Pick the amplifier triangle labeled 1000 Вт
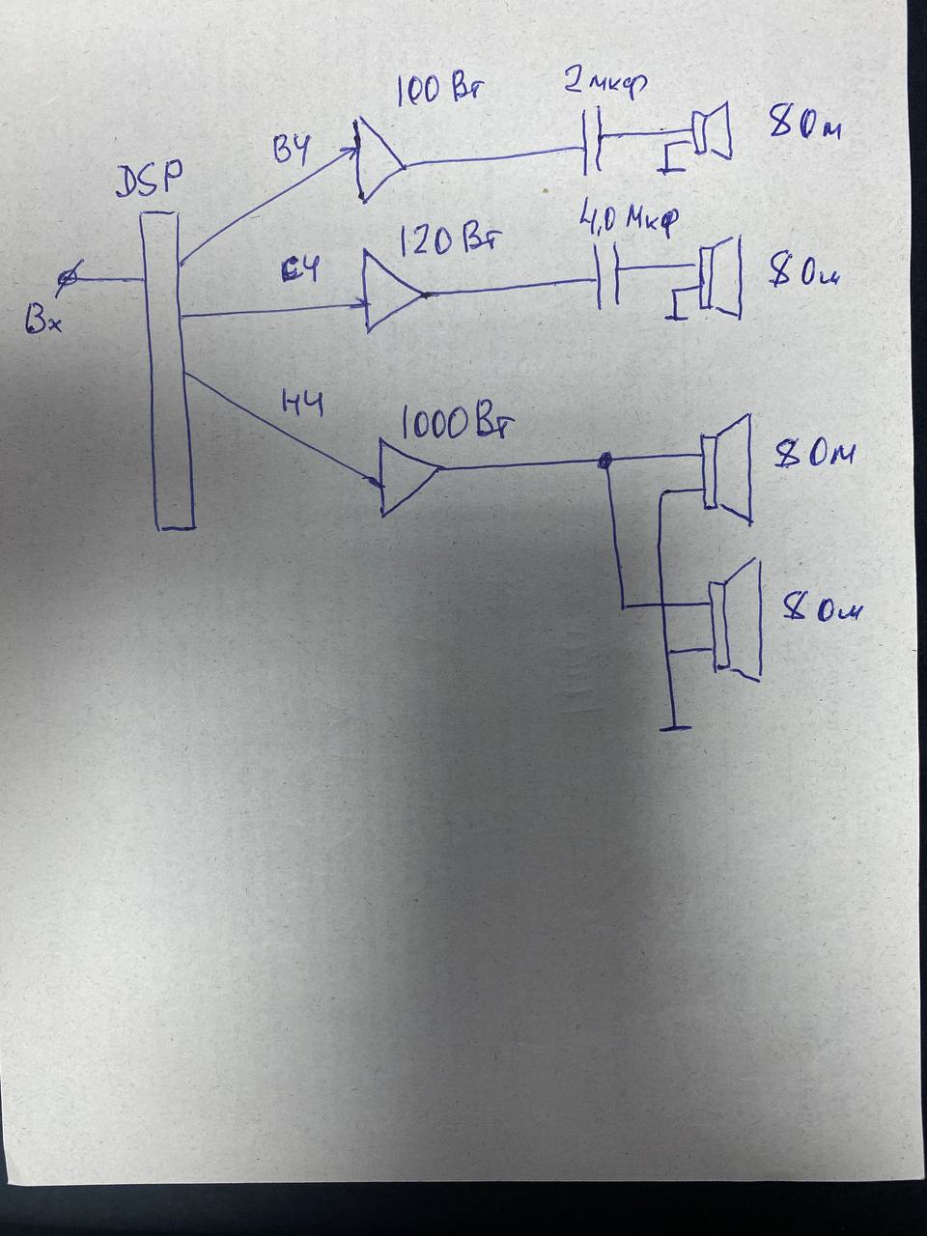point(406,477)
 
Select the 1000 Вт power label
point(456,424)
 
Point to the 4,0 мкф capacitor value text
point(628,220)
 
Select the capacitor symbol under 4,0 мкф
point(606,278)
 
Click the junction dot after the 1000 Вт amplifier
point(606,462)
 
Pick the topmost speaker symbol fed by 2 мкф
point(713,132)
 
